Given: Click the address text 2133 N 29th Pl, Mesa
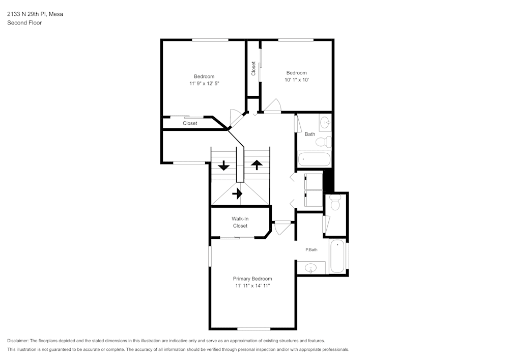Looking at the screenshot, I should pyautogui.click(x=35, y=14).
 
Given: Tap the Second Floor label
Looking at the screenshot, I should pyautogui.click(x=24, y=23).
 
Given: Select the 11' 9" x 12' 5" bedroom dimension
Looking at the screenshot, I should pyautogui.click(x=204, y=83).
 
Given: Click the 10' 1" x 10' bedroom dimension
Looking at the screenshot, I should pyautogui.click(x=296, y=79).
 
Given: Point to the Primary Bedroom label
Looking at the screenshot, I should pyautogui.click(x=252, y=279).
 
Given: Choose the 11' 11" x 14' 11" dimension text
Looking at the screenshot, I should pyautogui.click(x=252, y=286).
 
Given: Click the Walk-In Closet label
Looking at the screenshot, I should pyautogui.click(x=240, y=222).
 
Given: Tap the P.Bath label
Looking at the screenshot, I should pyautogui.click(x=311, y=250).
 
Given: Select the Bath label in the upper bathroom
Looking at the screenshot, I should pyautogui.click(x=310, y=134).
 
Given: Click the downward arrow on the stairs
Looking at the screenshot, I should pyautogui.click(x=223, y=165).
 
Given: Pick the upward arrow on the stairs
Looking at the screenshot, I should pyautogui.click(x=257, y=164).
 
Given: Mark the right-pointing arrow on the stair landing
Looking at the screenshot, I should pyautogui.click(x=237, y=193).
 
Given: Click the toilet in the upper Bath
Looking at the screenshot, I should pyautogui.click(x=325, y=142).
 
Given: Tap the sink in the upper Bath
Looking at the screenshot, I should pyautogui.click(x=325, y=122).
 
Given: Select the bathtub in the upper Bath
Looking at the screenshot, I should pyautogui.click(x=314, y=159).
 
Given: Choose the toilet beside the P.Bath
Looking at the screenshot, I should pyautogui.click(x=335, y=202).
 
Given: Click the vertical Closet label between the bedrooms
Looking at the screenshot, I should pyautogui.click(x=253, y=69).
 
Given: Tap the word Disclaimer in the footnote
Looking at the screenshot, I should pyautogui.click(x=18, y=341).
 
